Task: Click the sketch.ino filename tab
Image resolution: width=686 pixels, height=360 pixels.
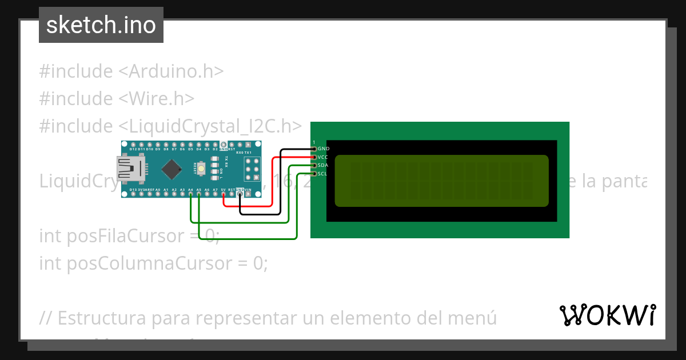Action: pos(101,25)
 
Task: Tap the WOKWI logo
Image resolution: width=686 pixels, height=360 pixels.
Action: pos(608,315)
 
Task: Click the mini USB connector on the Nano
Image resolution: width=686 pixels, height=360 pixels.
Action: pos(127,169)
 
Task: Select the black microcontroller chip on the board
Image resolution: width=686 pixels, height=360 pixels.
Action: pos(171,169)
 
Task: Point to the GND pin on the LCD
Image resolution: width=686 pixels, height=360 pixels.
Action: pos(313,149)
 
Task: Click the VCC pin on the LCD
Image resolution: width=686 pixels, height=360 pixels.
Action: pos(313,157)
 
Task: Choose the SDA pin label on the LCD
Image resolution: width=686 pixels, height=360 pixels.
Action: pos(323,165)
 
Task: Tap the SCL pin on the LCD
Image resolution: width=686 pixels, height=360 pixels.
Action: pos(313,173)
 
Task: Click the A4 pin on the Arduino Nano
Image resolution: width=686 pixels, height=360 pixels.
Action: pos(190,194)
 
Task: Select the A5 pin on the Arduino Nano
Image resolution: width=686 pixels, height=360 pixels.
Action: pos(198,194)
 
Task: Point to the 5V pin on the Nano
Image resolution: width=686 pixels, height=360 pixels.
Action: pos(223,194)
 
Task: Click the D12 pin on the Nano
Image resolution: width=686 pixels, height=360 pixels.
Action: pos(133,145)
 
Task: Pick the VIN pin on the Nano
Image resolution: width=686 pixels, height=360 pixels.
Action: pos(248,194)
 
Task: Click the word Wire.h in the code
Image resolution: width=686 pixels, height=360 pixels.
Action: pos(159,99)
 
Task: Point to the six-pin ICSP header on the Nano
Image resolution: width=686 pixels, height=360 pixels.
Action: pos(252,169)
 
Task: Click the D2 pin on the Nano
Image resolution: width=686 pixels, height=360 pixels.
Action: pos(215,145)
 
